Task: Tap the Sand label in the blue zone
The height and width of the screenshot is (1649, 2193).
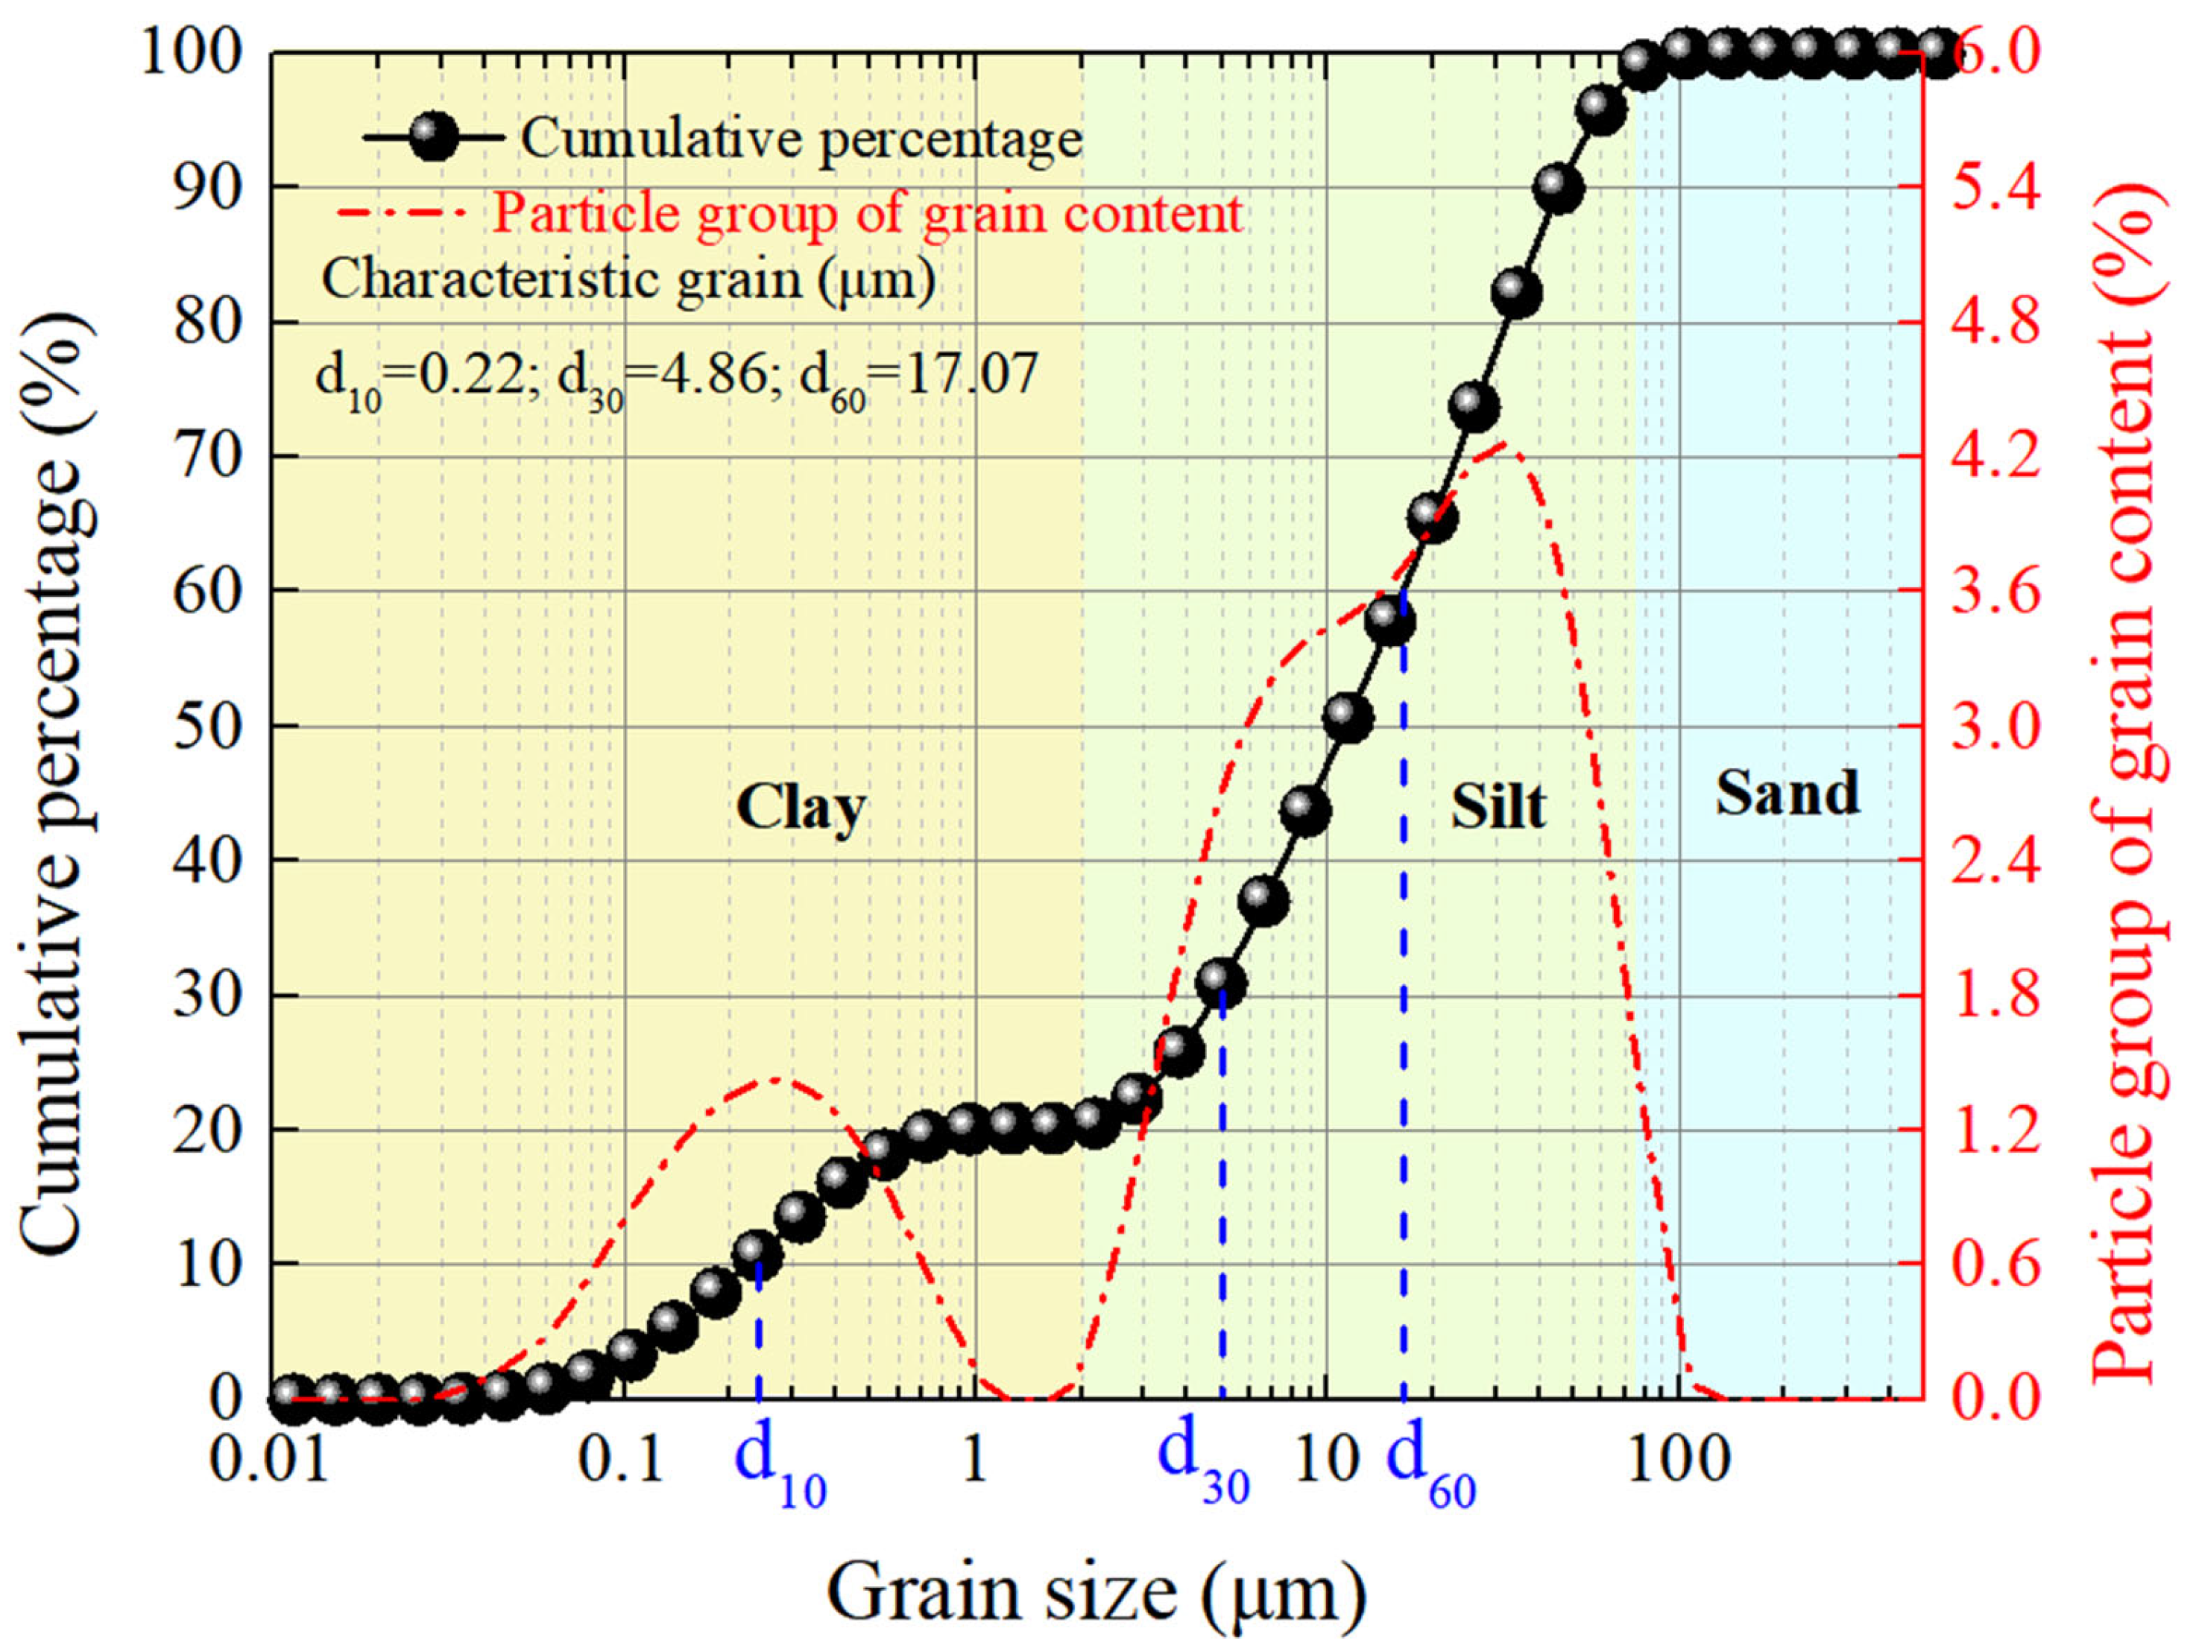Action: pos(1787,794)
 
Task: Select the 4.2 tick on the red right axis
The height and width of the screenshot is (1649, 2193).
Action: pos(1997,457)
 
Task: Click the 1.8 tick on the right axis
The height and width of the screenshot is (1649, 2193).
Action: pos(1997,995)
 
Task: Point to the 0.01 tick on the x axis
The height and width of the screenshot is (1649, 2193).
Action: pos(270,1460)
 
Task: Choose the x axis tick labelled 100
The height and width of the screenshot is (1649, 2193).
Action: pos(1679,1460)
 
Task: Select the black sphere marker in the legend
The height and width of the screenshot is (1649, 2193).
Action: pos(433,138)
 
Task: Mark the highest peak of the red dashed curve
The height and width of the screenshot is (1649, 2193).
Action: pos(1504,443)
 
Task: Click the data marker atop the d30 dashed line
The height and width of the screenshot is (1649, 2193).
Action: pos(1220,982)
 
